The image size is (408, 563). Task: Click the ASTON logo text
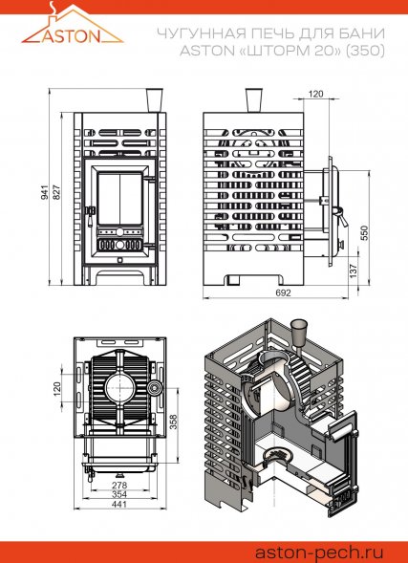pyautogui.click(x=72, y=36)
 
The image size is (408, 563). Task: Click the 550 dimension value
pyautogui.click(x=364, y=232)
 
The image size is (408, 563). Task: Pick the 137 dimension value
pyautogui.click(x=354, y=271)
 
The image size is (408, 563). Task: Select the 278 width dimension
pyautogui.click(x=119, y=485)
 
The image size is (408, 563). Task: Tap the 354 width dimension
pyautogui.click(x=119, y=495)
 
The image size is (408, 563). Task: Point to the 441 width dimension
pyautogui.click(x=119, y=505)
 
